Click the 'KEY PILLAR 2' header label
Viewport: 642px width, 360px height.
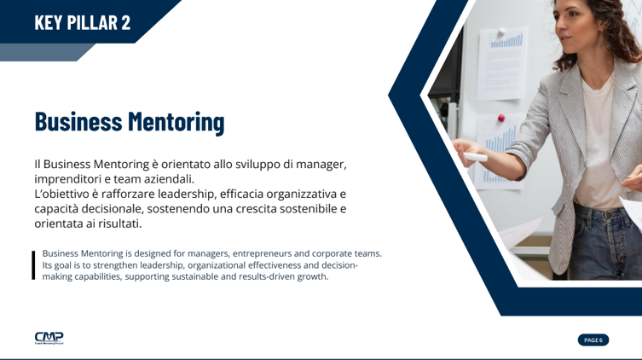[x=83, y=22]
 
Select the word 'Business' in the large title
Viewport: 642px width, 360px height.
[x=78, y=121]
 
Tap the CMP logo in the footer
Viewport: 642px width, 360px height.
[x=49, y=338]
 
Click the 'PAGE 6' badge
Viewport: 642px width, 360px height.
[x=593, y=340]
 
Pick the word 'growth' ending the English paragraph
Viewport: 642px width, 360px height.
[x=310, y=276]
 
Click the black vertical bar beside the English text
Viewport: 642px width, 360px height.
[x=33, y=264]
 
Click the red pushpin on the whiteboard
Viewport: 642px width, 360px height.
[x=500, y=117]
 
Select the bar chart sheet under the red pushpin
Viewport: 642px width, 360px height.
[x=496, y=149]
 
